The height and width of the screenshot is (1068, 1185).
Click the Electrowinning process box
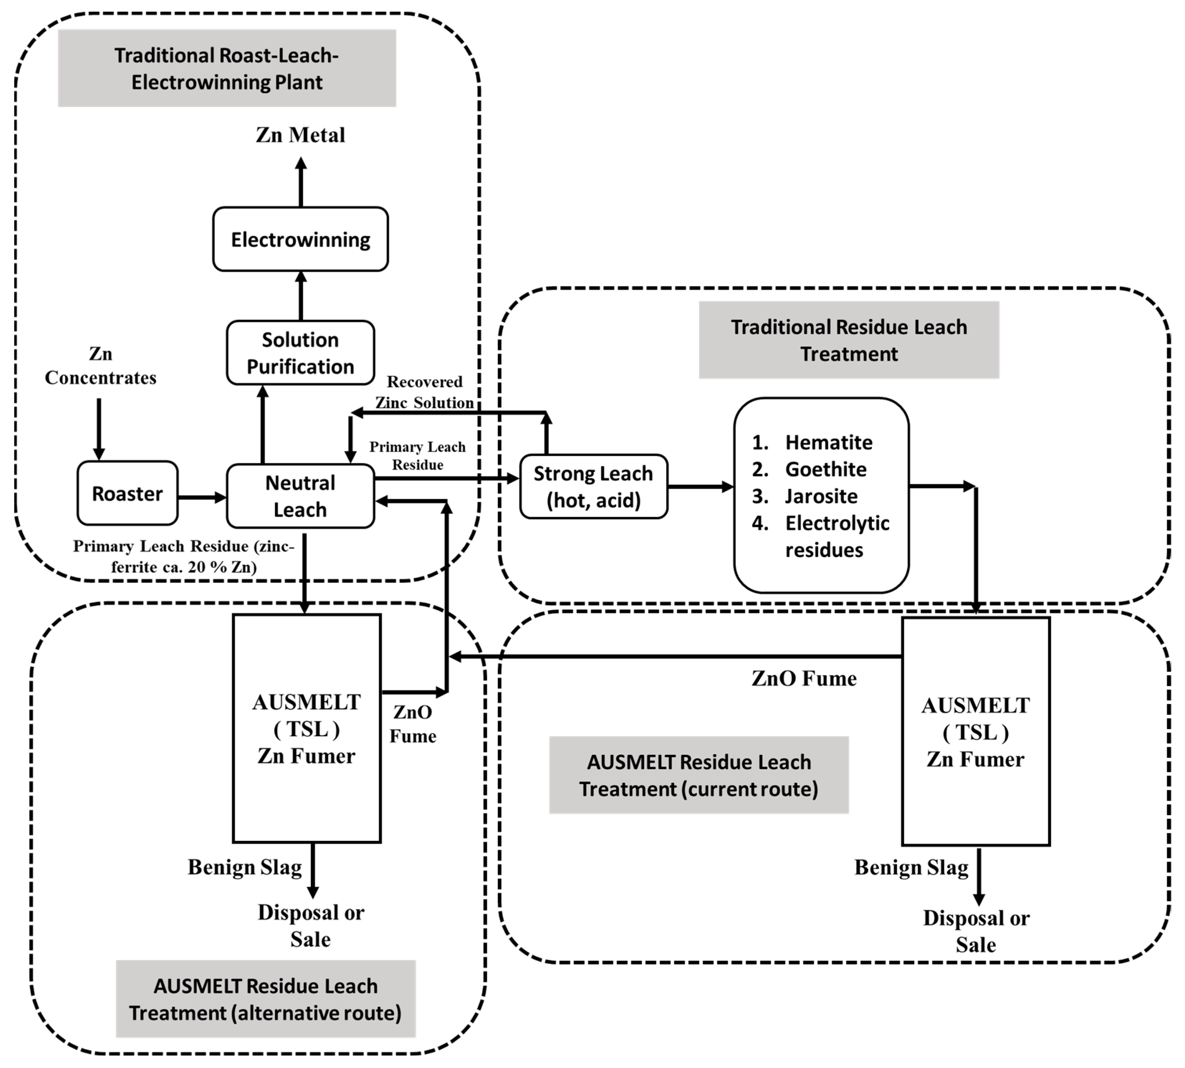tap(300, 239)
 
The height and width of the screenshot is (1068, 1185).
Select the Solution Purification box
tap(300, 353)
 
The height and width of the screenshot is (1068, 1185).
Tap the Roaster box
tap(127, 493)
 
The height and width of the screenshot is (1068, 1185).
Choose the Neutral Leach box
tap(300, 496)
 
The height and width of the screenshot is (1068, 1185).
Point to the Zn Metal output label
tap(300, 135)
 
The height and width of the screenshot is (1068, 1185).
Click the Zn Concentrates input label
tap(100, 365)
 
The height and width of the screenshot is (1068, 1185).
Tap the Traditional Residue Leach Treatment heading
tap(849, 340)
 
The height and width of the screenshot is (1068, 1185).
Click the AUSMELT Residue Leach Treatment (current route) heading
tap(699, 775)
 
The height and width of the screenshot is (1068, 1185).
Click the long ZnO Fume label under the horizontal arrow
tap(804, 678)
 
